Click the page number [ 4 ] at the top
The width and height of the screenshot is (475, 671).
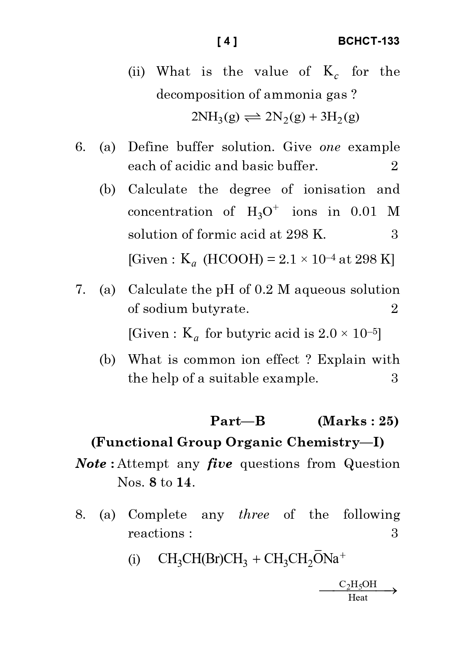(x=227, y=41)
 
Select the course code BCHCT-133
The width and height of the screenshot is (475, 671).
(x=369, y=41)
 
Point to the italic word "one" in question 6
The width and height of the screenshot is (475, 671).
(x=330, y=147)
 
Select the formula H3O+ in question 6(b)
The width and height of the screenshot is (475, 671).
(x=263, y=212)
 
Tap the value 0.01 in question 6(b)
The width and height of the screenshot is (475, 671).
(x=364, y=212)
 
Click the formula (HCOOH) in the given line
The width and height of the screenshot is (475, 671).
(x=233, y=260)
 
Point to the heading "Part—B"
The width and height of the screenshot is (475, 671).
(x=238, y=421)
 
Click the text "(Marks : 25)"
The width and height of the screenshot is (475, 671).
(x=358, y=421)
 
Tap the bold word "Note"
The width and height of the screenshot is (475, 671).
(x=91, y=464)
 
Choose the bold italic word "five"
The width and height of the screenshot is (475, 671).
(x=220, y=464)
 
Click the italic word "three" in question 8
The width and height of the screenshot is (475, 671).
(x=254, y=515)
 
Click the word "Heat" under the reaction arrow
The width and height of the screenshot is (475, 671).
(x=358, y=598)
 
